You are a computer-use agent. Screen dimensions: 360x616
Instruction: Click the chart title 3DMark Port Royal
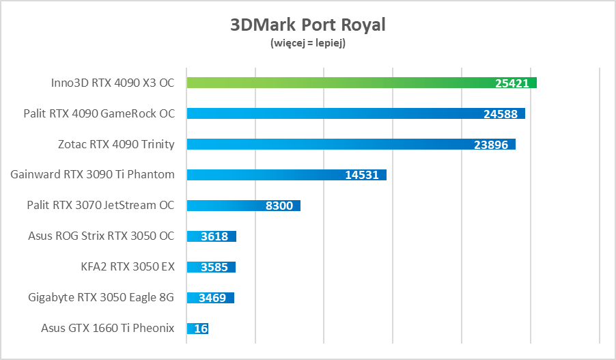click(x=307, y=25)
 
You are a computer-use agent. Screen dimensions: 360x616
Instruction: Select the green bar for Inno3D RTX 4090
click(x=341, y=83)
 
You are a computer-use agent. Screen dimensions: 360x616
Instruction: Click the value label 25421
click(x=512, y=83)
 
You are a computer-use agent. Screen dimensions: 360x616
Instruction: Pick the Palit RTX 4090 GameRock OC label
click(x=99, y=113)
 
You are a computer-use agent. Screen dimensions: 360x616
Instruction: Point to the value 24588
click(x=501, y=114)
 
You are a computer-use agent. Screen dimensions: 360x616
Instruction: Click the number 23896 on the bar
click(x=491, y=145)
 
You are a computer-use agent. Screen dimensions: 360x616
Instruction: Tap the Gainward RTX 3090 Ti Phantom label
click(x=93, y=174)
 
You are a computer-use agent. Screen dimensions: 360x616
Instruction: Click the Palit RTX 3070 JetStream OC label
click(x=100, y=205)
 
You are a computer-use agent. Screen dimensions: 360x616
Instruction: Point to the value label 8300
click(x=279, y=206)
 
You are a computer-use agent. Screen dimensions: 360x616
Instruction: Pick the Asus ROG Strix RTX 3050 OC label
click(x=101, y=236)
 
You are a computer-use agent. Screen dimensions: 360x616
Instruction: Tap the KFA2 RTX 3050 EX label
click(x=127, y=266)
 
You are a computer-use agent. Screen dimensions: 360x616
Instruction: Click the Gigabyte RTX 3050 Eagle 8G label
click(x=101, y=297)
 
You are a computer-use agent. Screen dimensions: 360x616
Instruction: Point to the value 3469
click(x=212, y=298)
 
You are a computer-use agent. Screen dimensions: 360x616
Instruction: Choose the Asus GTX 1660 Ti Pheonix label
click(x=108, y=328)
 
